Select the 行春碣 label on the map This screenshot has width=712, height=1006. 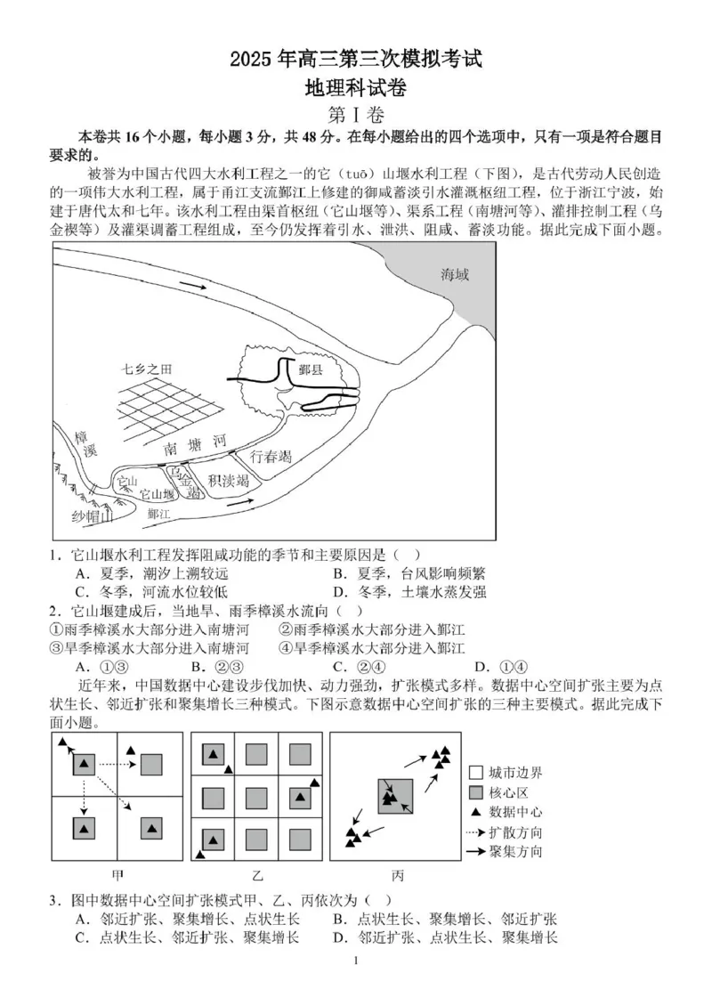[x=271, y=458]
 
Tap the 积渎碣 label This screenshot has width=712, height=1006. [x=228, y=481]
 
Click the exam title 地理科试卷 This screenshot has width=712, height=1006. [x=356, y=87]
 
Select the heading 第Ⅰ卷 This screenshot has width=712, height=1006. [x=356, y=115]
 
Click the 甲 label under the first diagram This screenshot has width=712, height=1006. [x=117, y=874]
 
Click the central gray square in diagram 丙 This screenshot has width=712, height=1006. [x=395, y=797]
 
